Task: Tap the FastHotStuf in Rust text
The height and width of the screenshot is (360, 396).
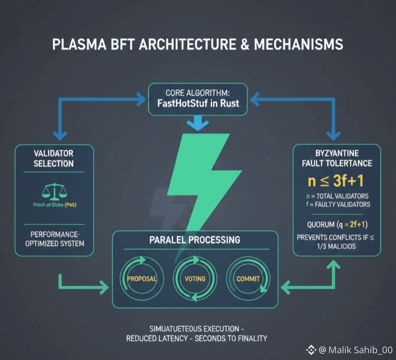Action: click(x=198, y=103)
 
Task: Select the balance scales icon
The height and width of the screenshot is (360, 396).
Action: click(x=54, y=191)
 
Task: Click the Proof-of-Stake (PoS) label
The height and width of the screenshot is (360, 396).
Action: click(x=54, y=205)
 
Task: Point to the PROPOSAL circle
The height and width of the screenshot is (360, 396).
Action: click(x=142, y=278)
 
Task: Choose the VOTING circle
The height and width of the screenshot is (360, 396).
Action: click(x=195, y=278)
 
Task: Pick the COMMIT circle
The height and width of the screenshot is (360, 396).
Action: click(x=248, y=278)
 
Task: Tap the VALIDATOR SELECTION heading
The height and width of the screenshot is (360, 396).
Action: click(x=54, y=158)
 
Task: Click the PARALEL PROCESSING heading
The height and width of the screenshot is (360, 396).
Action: click(x=195, y=240)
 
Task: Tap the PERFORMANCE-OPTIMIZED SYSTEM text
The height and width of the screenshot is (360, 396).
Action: click(x=54, y=239)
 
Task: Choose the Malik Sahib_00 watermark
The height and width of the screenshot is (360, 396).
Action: click(x=355, y=350)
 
